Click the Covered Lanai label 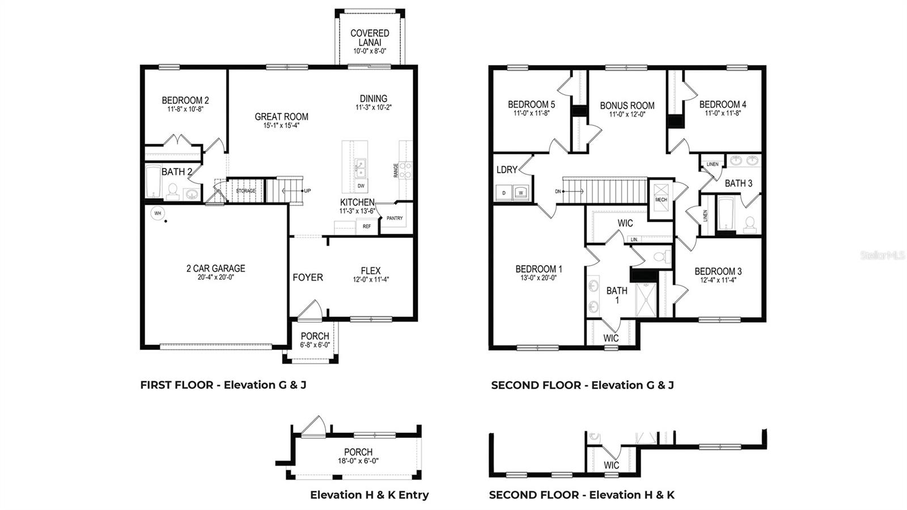click(x=370, y=38)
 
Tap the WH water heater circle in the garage click(x=158, y=213)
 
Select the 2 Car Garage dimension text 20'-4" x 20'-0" click(x=216, y=277)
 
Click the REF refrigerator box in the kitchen click(x=367, y=226)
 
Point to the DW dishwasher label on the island click(x=361, y=186)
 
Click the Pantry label click(x=394, y=218)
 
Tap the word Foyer click(x=308, y=277)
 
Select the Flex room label click(x=371, y=271)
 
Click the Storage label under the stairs click(x=246, y=191)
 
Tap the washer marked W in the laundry click(x=521, y=193)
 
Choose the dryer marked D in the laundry click(x=503, y=193)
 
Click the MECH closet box click(x=661, y=200)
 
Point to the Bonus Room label click(x=627, y=106)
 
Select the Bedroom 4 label click(x=722, y=104)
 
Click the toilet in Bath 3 click(x=749, y=225)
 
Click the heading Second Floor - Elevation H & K click(x=582, y=495)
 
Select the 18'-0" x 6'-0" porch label click(x=358, y=461)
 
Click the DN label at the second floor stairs click(x=558, y=192)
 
